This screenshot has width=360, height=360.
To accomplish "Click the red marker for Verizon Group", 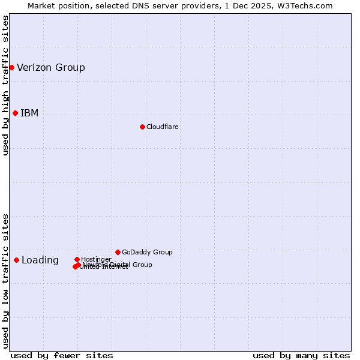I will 11,67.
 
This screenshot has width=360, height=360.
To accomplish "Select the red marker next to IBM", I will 15,113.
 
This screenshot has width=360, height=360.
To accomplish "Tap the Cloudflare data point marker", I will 142,127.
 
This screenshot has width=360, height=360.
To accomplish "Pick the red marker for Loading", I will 16,260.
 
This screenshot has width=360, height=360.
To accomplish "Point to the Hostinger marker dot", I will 77,259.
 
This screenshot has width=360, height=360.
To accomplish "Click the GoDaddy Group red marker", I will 118,252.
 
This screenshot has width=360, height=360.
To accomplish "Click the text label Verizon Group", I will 51,67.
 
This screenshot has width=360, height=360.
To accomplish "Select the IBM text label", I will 29,113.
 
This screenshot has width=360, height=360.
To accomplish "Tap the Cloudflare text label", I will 163,127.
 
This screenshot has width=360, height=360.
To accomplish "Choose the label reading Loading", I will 40,260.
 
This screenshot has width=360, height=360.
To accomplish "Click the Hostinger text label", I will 96,259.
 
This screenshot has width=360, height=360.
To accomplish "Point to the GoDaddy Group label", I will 147,252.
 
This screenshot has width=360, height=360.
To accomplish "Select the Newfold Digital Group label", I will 118,265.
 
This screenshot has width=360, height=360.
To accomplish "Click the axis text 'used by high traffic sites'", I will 5,85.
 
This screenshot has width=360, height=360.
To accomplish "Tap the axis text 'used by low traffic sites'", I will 5,280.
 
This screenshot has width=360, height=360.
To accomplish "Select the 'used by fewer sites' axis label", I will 62,355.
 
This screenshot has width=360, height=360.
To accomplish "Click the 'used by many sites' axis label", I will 301,355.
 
